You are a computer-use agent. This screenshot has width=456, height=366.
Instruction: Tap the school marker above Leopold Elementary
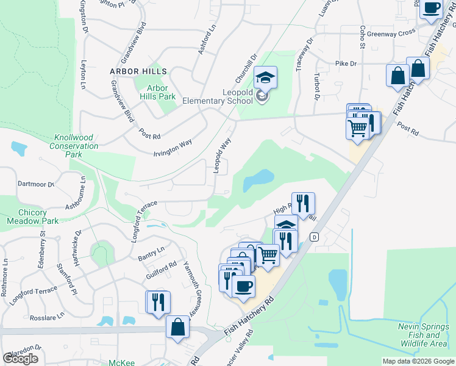pos(265,78)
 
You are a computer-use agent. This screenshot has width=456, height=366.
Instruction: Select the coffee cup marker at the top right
pos(432,8)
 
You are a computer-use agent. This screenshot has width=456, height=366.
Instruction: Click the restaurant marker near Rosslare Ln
pos(158,302)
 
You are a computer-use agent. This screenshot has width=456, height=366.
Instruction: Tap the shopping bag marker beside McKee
pos(177,327)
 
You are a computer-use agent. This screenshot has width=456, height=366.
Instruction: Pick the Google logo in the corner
pos(20,359)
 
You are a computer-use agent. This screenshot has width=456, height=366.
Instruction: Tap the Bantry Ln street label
pos(151,251)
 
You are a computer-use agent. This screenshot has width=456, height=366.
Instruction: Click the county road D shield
pos(315,237)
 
